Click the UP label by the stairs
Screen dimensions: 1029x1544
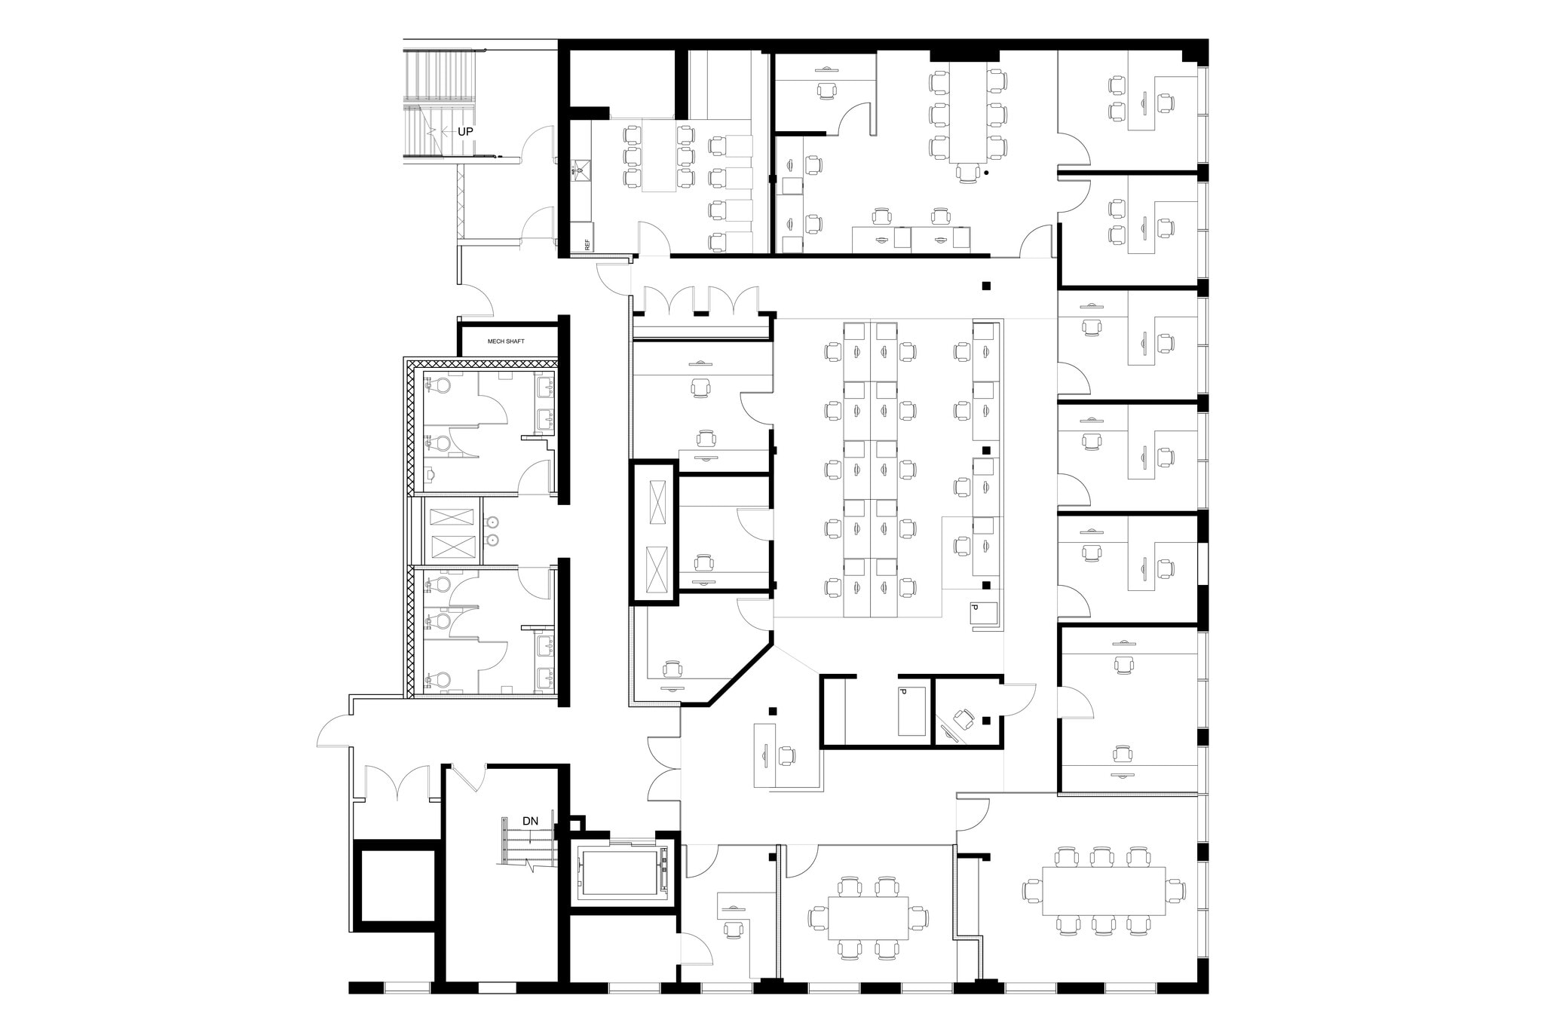466,131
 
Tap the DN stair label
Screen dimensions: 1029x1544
530,821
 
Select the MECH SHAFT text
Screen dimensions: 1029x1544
505,341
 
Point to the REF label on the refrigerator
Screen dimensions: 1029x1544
587,244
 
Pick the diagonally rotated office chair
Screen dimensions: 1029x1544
964,718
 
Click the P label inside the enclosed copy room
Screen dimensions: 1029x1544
902,692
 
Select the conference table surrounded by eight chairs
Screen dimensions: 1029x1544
867,917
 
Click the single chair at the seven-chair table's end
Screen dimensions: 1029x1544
967,173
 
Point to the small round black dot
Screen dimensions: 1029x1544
986,173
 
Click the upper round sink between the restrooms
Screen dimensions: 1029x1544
492,522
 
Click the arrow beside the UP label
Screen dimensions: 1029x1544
443,131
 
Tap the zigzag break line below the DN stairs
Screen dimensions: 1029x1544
532,866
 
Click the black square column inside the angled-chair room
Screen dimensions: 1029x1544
987,721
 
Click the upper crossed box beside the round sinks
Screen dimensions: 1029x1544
452,517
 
